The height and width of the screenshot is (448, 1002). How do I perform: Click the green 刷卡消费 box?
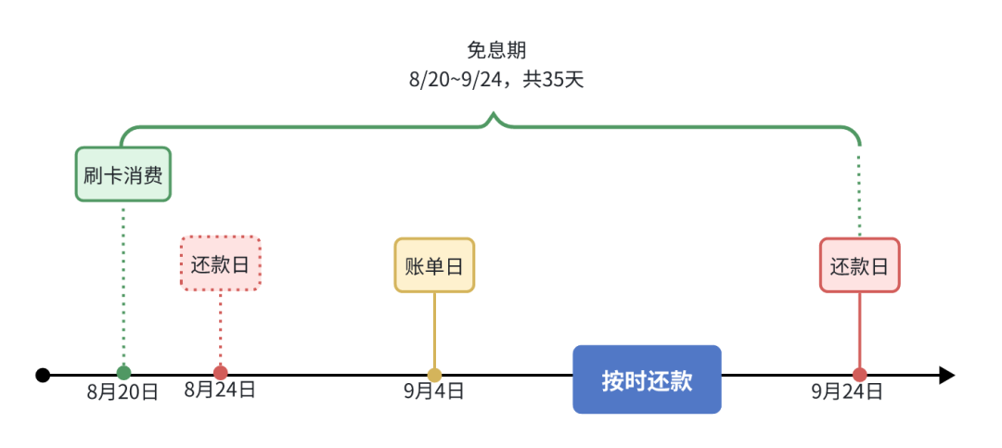123,174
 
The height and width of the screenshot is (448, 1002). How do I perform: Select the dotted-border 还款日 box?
221,263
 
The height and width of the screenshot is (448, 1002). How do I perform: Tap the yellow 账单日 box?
434,265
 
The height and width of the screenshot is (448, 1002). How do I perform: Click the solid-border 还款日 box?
859,265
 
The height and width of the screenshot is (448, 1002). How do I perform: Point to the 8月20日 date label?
123,392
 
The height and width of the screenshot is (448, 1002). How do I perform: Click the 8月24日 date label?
220,390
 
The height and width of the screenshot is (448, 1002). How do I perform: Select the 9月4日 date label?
434,391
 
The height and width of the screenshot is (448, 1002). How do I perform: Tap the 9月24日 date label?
847,391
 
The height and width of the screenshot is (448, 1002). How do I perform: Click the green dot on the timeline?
123,373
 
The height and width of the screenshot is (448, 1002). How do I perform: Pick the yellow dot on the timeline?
434,375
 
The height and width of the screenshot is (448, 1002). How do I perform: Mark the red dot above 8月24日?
220,373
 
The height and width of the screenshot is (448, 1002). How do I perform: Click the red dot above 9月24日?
860,375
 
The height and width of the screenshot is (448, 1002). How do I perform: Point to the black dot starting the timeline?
43,375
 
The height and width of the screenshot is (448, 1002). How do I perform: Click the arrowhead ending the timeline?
946,375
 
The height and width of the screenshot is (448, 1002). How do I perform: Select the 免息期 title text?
496,50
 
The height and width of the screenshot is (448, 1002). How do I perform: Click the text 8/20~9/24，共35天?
496,80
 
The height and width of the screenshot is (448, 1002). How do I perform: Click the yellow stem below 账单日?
434,329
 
